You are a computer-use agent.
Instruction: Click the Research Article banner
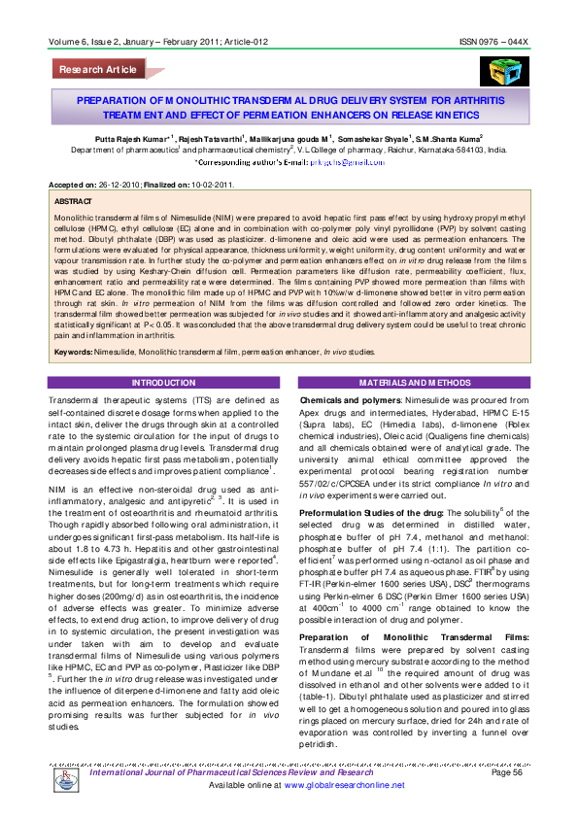coord(98,70)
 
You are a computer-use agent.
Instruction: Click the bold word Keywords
coord(74,351)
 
